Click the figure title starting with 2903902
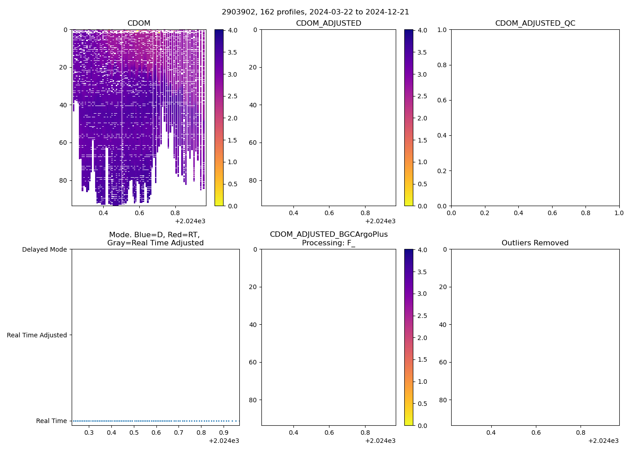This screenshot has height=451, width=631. [x=315, y=12]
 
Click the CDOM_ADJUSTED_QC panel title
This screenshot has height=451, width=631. [x=535, y=23]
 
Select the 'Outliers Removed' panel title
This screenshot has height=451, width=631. [x=535, y=243]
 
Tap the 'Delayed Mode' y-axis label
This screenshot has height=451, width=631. [x=44, y=250]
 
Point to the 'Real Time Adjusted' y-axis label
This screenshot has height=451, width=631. [x=37, y=335]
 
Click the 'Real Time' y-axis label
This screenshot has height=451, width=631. [x=51, y=421]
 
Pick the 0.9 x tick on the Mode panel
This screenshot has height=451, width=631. [x=224, y=433]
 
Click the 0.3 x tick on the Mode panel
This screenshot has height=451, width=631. [x=89, y=433]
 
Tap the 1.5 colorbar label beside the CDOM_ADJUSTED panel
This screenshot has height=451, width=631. [x=422, y=140]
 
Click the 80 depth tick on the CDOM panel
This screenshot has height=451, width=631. [x=63, y=180]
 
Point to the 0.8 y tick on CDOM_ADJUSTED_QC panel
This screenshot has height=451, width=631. [x=442, y=65]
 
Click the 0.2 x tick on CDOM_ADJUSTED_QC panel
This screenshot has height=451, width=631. [x=485, y=213]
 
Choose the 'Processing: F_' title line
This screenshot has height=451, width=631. [x=329, y=243]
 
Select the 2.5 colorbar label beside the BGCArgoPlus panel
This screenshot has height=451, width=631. [x=422, y=316]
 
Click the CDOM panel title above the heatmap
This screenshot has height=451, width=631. [x=139, y=23]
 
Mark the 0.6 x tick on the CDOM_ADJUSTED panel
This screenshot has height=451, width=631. [x=329, y=213]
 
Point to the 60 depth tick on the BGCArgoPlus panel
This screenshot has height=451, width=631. [x=253, y=362]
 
